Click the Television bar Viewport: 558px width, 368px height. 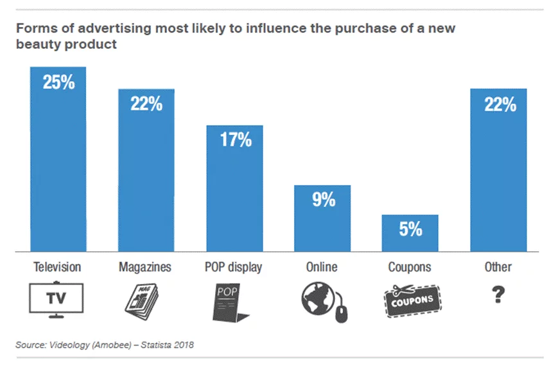(58, 167)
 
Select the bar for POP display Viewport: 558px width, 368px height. (234, 193)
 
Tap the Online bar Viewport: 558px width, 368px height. (322, 225)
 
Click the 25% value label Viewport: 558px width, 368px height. (58, 82)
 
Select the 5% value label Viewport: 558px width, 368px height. (410, 229)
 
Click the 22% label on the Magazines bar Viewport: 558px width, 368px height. (146, 103)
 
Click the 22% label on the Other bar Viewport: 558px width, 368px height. (499, 104)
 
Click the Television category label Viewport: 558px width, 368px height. (58, 267)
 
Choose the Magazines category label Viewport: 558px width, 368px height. (146, 267)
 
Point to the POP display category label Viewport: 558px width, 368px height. (234, 267)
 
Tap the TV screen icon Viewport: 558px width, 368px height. (57, 299)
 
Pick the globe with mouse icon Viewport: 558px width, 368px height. (322, 301)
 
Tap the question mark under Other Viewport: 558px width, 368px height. (498, 295)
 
